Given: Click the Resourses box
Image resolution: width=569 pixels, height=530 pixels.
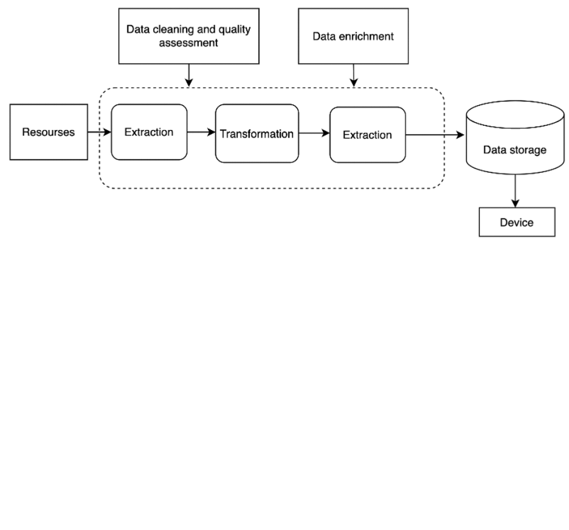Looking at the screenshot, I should (x=49, y=132).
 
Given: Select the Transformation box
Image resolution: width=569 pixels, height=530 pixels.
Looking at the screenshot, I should (x=257, y=134).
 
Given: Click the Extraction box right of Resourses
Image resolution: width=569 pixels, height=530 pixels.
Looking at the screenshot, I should (x=149, y=132).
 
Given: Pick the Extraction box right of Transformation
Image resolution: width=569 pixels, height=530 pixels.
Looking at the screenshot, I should (x=367, y=135).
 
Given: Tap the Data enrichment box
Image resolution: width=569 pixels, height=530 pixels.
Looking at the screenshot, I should (x=353, y=36).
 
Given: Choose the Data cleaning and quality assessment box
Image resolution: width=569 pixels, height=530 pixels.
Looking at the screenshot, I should (x=189, y=36).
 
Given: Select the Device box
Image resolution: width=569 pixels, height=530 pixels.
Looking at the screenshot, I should (x=517, y=223).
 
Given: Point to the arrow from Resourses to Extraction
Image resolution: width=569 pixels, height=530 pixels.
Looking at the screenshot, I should (x=99, y=132).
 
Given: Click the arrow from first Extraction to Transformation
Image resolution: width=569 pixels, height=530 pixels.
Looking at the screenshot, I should (x=201, y=132).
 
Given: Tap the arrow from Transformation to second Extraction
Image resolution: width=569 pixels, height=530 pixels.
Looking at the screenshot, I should (x=314, y=133).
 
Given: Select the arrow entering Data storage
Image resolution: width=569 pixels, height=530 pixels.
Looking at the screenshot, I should (x=435, y=135).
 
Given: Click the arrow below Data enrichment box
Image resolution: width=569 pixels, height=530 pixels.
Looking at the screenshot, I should (x=354, y=76).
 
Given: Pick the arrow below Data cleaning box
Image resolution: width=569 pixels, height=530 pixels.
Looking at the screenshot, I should (x=189, y=76).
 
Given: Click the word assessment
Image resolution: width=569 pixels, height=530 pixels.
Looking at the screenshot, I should (x=188, y=43).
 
